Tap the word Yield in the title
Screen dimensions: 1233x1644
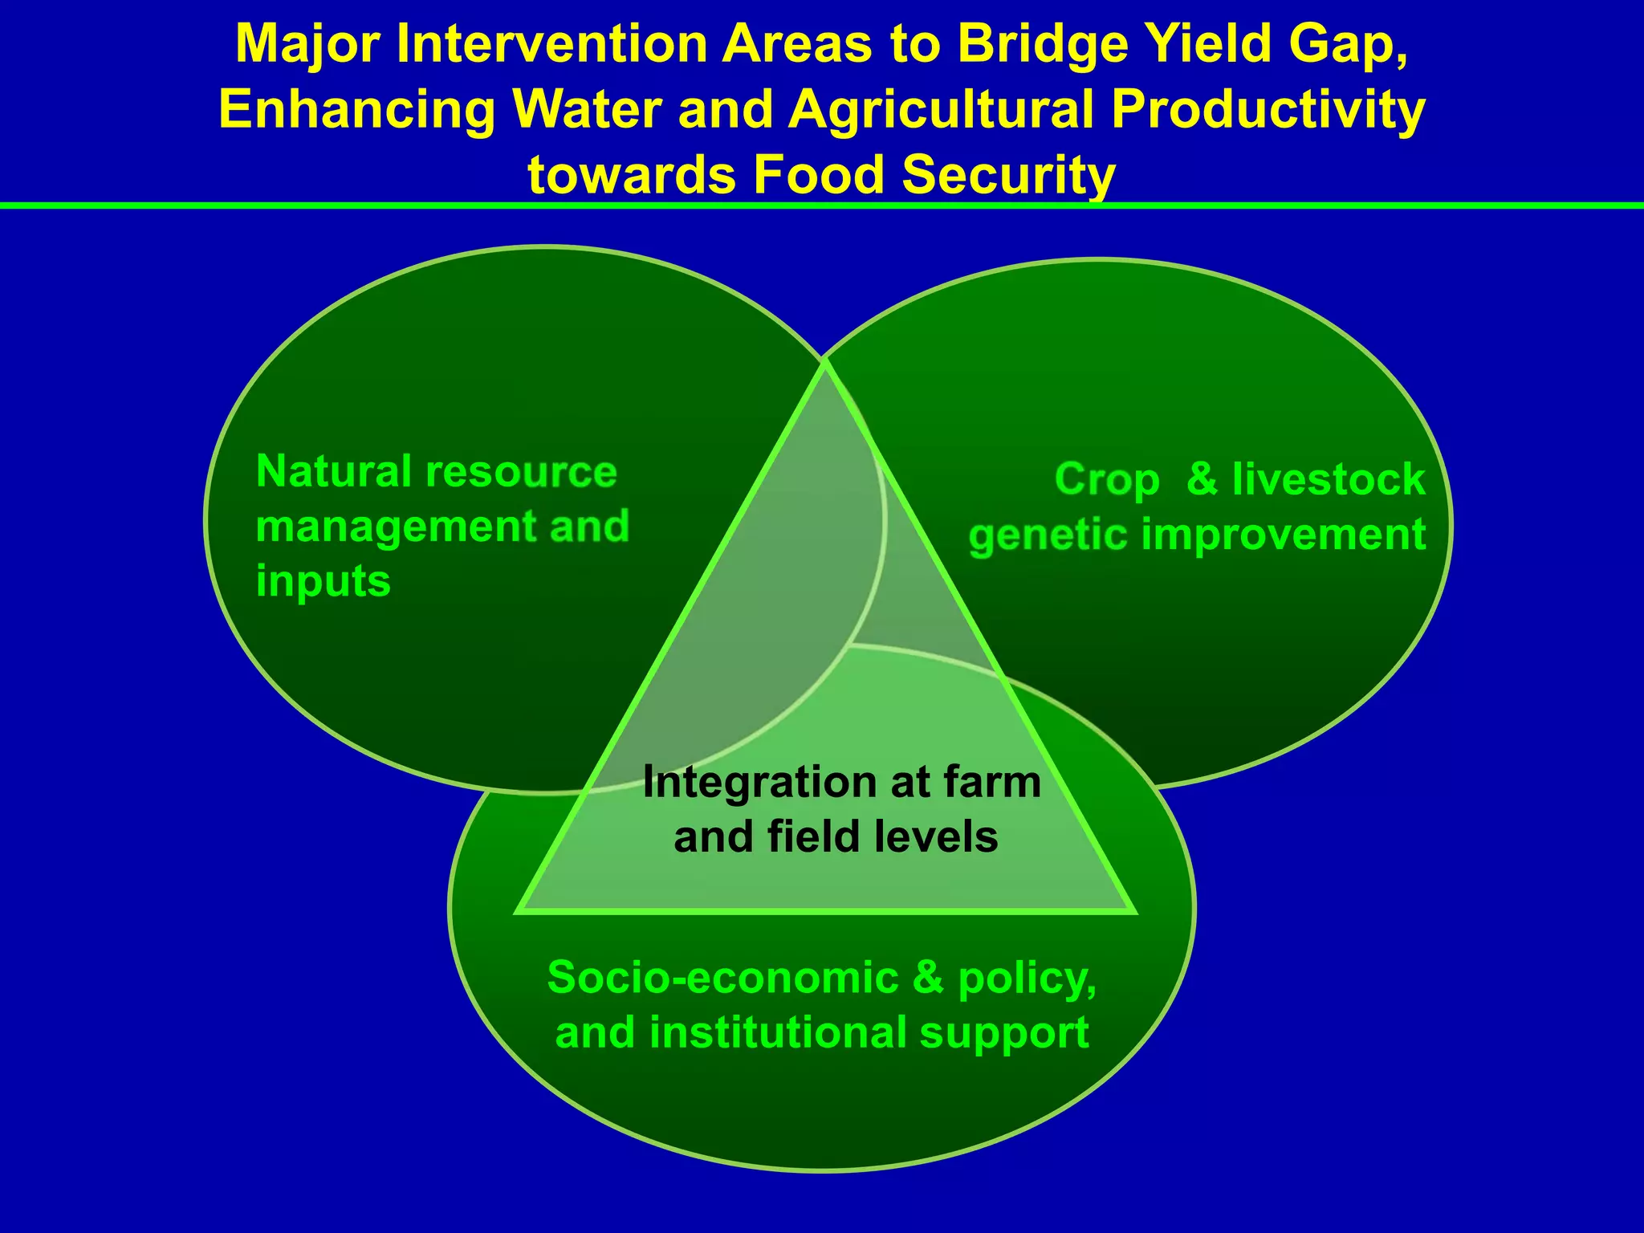1214,45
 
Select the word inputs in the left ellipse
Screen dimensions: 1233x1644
323,582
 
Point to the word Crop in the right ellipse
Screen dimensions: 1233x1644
1107,481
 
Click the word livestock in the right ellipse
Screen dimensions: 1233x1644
1329,479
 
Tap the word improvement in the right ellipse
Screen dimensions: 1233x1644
1283,535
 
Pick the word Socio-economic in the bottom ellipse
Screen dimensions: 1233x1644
722,978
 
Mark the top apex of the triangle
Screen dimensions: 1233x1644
824,363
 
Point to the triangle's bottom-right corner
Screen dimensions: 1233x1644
1133,912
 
